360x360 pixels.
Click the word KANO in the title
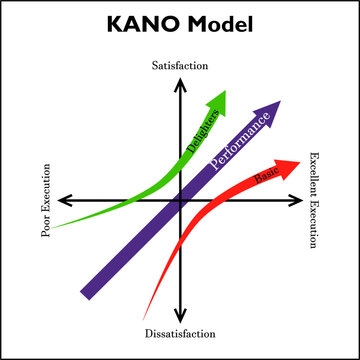(141, 24)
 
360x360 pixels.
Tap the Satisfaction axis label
(180, 66)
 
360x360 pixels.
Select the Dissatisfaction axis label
(180, 330)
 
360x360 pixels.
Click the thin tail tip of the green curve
(54, 227)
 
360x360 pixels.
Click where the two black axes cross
(180, 200)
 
